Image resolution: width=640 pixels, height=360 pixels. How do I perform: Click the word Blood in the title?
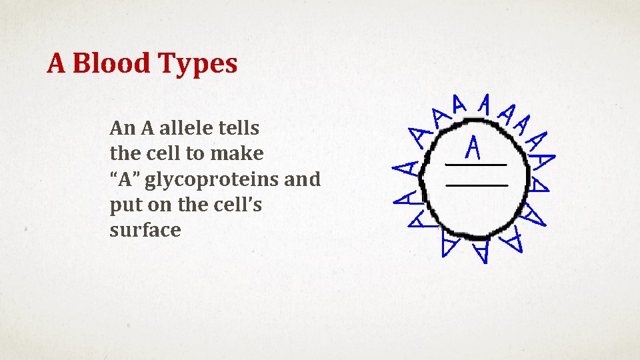pos(111,64)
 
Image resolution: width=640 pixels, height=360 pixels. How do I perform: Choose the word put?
pos(123,205)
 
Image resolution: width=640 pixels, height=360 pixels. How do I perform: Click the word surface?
pos(145,231)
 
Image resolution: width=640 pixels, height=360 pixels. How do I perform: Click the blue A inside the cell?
pos(473,147)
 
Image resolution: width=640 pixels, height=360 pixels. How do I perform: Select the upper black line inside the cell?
pos(476,164)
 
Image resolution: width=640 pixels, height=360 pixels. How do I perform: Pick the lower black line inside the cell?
pos(477,184)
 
